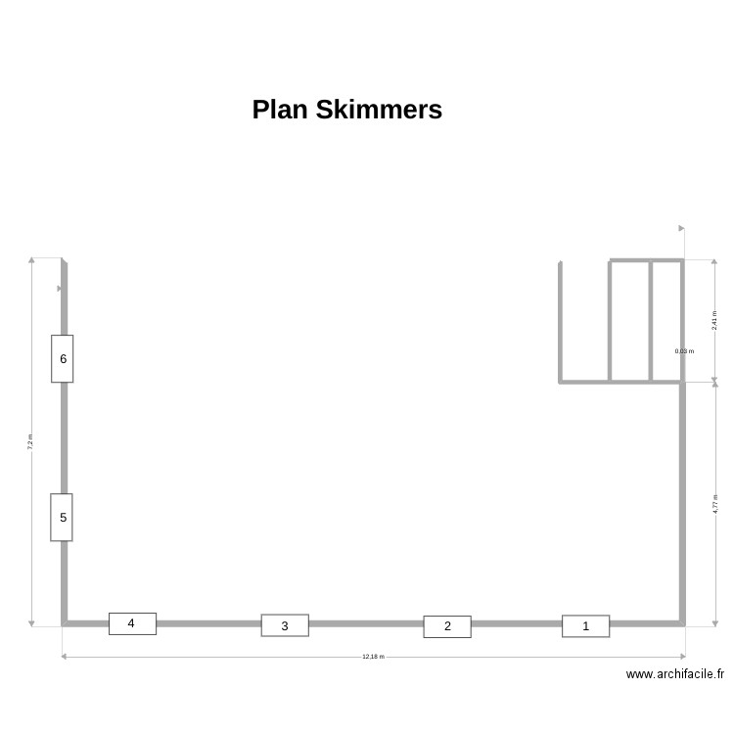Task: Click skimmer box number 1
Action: (x=585, y=626)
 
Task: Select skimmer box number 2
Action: (x=447, y=626)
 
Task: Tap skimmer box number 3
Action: (x=285, y=625)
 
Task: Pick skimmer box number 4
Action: (x=132, y=623)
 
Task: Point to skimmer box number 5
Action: (x=63, y=517)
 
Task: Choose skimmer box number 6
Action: (x=63, y=358)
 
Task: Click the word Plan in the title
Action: (x=280, y=110)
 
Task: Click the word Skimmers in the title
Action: (x=379, y=110)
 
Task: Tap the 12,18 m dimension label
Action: (x=373, y=657)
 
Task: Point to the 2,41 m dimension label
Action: (x=714, y=320)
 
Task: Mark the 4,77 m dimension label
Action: (x=714, y=504)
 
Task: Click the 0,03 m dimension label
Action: (x=684, y=350)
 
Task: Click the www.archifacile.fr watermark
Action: (x=675, y=674)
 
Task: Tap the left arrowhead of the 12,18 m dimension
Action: (x=65, y=657)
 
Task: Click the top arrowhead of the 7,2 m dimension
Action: (x=31, y=261)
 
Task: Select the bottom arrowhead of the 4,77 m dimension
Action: (x=714, y=622)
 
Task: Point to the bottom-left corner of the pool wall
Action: (x=65, y=622)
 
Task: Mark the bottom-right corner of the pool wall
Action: (x=682, y=622)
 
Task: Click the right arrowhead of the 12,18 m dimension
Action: (x=682, y=657)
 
